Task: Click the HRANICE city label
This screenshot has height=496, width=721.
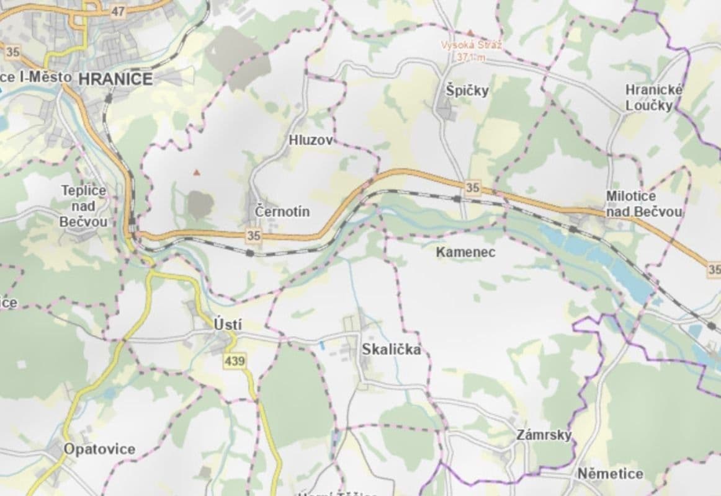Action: pos(116,79)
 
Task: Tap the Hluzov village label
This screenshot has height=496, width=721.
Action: pos(311,141)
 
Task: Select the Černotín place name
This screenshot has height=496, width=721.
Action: pos(282,212)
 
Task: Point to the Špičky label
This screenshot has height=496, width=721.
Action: pos(467,91)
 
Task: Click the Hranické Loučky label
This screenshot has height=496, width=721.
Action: pos(654,97)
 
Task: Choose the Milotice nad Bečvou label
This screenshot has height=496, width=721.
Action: pos(644,204)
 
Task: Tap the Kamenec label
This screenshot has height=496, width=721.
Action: pos(466,252)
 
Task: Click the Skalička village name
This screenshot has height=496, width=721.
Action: pos(392,350)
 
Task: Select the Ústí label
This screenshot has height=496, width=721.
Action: pos(228,324)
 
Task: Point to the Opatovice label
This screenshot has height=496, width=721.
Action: pos(99,449)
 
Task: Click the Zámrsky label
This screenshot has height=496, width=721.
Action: pos(544,435)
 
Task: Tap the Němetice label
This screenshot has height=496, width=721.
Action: pos(610,474)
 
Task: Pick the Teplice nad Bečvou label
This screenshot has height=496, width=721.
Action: pos(84,206)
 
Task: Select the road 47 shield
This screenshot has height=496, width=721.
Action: pos(119,11)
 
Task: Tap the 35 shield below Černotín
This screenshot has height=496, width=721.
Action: pos(253,236)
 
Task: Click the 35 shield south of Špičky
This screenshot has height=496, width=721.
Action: pos(473,187)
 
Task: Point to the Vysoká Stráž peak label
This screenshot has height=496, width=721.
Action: pos(471,51)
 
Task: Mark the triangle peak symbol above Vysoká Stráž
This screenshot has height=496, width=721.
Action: pos(471,32)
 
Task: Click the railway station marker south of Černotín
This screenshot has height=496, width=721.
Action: pos(249,253)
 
